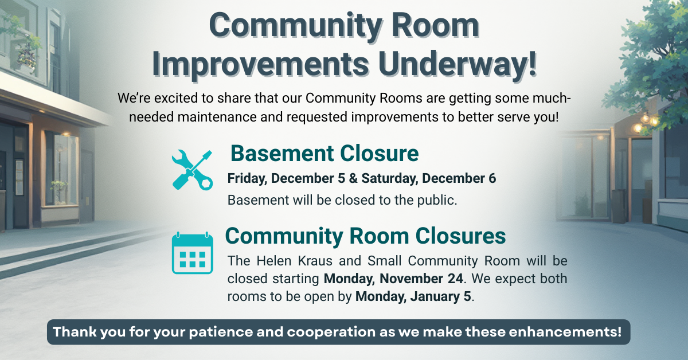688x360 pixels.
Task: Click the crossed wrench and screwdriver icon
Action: tap(192, 170)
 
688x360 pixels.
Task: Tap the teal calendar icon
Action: tap(193, 253)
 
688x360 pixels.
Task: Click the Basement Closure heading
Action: tap(325, 153)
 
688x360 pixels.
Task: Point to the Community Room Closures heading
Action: tap(365, 236)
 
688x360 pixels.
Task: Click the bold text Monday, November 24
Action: tap(393, 279)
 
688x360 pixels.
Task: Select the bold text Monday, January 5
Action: tap(413, 296)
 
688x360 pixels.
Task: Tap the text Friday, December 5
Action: tap(286, 178)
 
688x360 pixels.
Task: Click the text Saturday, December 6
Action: tap(428, 178)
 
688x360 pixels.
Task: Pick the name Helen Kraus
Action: tap(294, 261)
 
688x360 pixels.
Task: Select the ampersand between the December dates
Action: tap(353, 178)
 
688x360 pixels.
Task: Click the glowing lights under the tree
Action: tap(646, 122)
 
